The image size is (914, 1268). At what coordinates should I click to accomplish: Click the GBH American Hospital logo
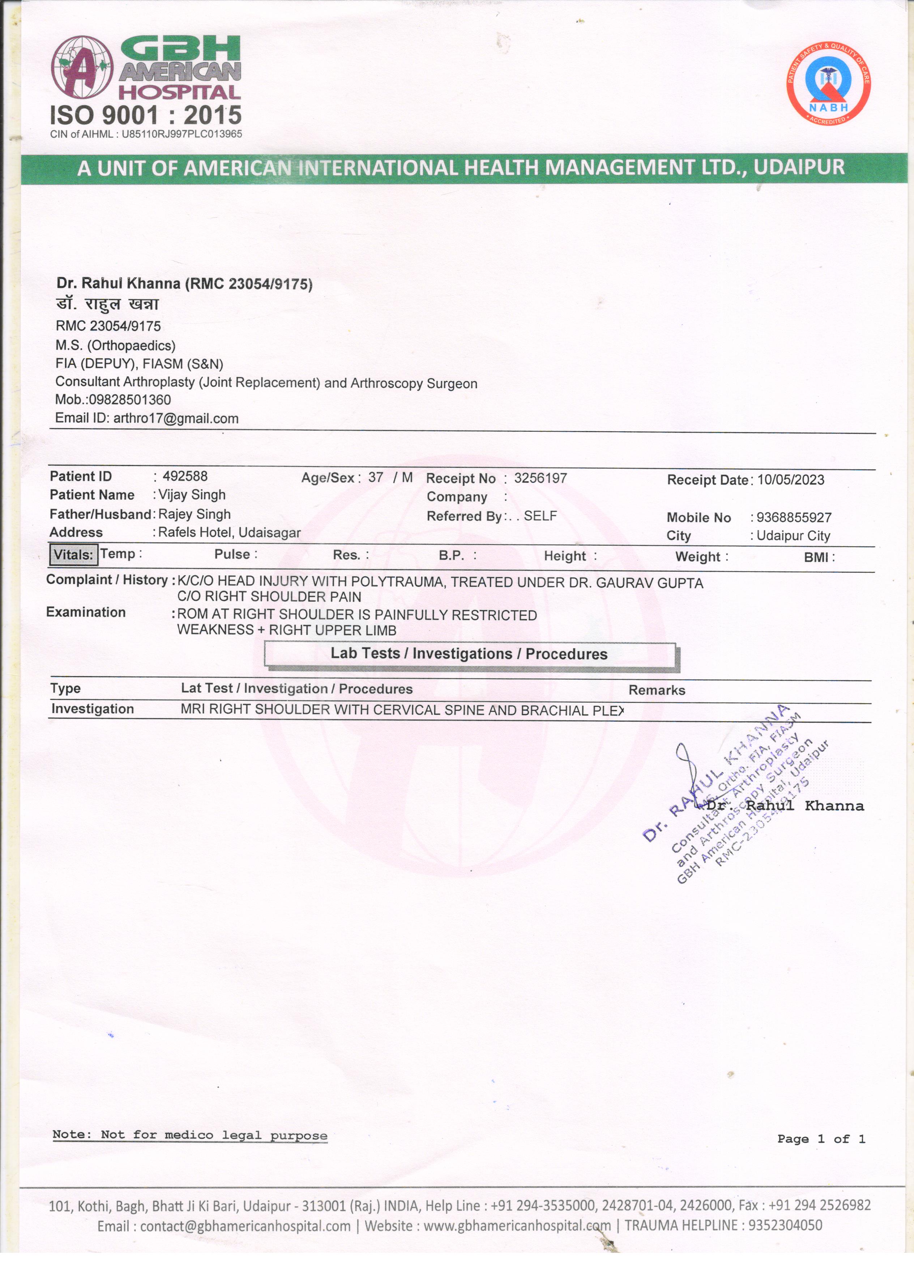pyautogui.click(x=146, y=68)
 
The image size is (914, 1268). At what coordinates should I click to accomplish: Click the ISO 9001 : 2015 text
pyautogui.click(x=146, y=115)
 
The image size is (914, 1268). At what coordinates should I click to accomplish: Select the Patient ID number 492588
pyautogui.click(x=185, y=476)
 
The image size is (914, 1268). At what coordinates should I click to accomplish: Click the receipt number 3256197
pyautogui.click(x=541, y=479)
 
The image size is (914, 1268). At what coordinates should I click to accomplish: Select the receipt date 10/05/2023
pyautogui.click(x=790, y=480)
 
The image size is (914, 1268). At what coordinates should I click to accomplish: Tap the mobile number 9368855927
pyautogui.click(x=794, y=518)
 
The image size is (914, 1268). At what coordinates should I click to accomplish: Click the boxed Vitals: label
pyautogui.click(x=73, y=555)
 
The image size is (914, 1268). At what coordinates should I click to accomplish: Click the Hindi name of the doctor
pyautogui.click(x=107, y=305)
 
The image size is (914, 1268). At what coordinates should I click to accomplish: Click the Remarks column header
pyautogui.click(x=657, y=691)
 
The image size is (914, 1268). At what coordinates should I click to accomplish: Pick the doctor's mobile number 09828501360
pyautogui.click(x=130, y=400)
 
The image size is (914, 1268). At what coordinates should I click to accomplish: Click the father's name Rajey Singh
pyautogui.click(x=195, y=515)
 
